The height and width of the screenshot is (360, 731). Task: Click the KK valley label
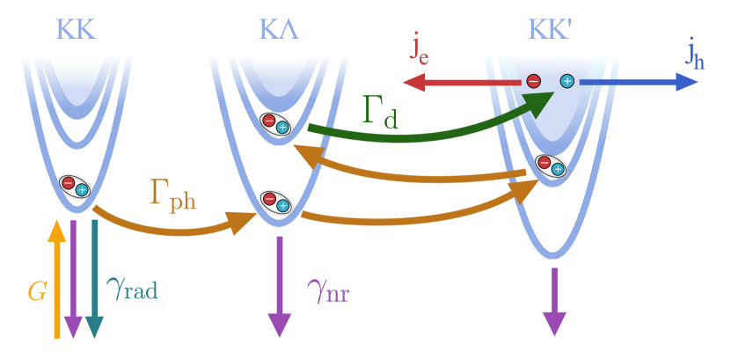click(76, 29)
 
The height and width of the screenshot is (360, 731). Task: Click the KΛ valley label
click(280, 29)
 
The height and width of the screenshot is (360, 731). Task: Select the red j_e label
click(420, 48)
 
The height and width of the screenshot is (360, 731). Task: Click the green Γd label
click(380, 112)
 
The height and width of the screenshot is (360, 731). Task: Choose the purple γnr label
click(328, 288)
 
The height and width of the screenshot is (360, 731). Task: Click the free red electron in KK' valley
click(533, 82)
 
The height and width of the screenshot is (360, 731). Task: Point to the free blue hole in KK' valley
click(567, 82)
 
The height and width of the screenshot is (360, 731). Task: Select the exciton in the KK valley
click(75, 186)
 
